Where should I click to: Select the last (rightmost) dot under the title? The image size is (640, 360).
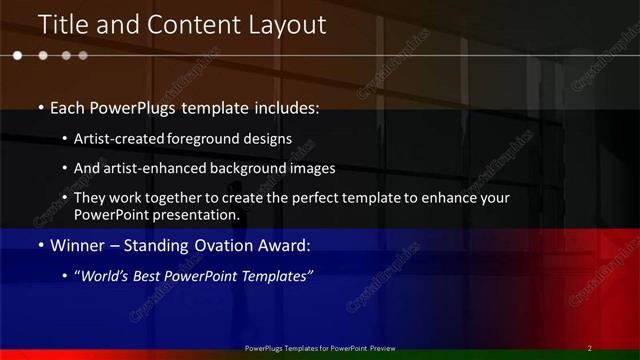(83, 56)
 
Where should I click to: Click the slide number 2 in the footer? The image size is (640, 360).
(590, 348)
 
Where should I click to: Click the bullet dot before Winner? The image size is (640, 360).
(40, 245)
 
